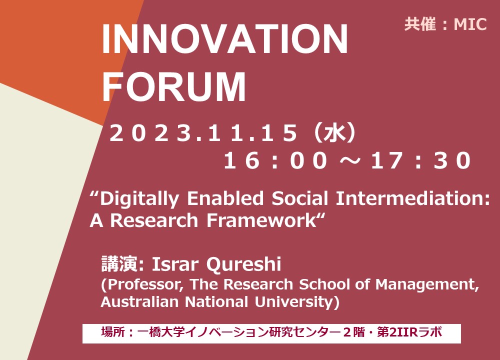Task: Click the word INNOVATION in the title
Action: (x=225, y=39)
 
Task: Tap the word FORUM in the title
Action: (x=174, y=86)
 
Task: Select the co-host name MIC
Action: (x=470, y=24)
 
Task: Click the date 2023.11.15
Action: (x=203, y=133)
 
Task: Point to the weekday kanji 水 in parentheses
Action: (x=334, y=133)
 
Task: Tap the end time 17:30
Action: (x=420, y=160)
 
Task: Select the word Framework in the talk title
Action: (x=261, y=220)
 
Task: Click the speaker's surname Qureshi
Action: (x=243, y=264)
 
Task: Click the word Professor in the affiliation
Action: (x=145, y=284)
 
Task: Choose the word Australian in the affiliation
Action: (x=139, y=301)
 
